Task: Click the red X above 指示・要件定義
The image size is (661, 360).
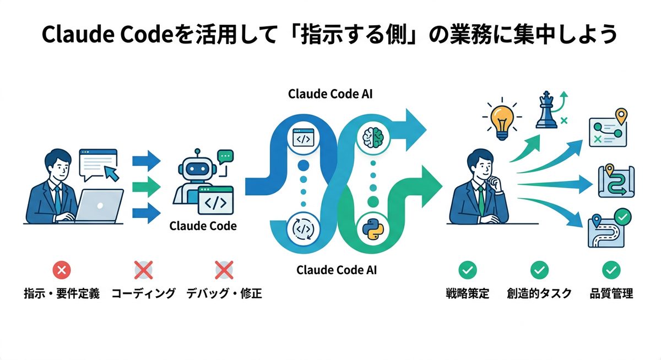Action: click(61, 270)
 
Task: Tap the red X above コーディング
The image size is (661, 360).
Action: click(143, 270)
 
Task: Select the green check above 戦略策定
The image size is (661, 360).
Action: click(468, 270)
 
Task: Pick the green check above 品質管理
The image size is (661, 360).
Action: click(611, 270)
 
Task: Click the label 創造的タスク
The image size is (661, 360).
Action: click(539, 293)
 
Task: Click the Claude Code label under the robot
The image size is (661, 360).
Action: click(203, 226)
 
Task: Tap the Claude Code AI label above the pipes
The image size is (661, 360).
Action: click(330, 94)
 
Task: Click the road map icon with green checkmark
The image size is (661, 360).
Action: click(608, 230)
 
